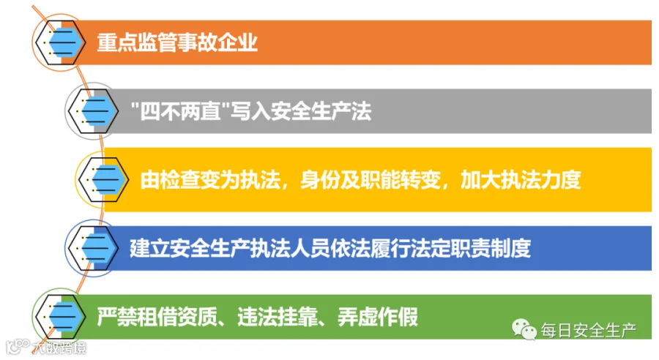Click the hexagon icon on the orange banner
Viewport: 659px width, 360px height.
coord(60,42)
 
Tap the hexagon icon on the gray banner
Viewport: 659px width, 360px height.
coord(93,111)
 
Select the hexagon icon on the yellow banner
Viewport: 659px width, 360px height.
coord(103,180)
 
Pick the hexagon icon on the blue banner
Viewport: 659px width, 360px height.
coord(93,248)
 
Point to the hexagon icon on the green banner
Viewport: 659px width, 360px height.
coord(60,316)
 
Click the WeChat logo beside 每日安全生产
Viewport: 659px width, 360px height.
coord(524,329)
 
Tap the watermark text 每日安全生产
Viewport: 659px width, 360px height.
coord(589,331)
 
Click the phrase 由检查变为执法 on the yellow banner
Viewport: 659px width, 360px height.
coord(210,180)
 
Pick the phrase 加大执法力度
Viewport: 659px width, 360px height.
coord(521,180)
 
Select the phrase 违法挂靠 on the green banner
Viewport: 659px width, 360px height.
coord(278,317)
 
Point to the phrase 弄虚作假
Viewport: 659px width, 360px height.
coord(378,317)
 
